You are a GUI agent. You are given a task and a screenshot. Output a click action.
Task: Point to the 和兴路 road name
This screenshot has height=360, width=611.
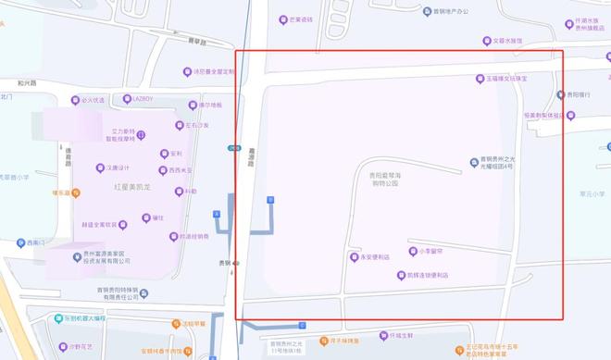(x=27, y=82)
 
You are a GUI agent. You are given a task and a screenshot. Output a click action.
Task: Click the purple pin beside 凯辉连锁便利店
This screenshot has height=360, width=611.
(x=401, y=275)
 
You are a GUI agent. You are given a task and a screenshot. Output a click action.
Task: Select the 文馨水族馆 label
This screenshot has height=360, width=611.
(x=508, y=41)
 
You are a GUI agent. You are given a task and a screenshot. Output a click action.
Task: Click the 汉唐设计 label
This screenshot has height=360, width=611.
(x=119, y=168)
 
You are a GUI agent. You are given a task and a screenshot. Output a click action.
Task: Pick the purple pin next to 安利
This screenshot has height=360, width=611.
(x=165, y=154)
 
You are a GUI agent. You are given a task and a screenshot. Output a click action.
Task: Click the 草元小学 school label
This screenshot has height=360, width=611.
(x=591, y=193)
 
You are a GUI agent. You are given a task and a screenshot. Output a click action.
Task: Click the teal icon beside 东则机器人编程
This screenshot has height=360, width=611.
(x=57, y=318)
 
